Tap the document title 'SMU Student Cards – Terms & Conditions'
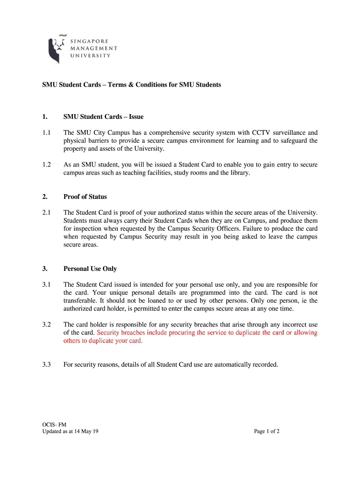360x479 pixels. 131,85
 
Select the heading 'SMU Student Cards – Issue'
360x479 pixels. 103,116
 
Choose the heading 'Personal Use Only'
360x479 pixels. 90,269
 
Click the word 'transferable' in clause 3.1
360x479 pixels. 81,300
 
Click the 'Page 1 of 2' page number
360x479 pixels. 267,431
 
